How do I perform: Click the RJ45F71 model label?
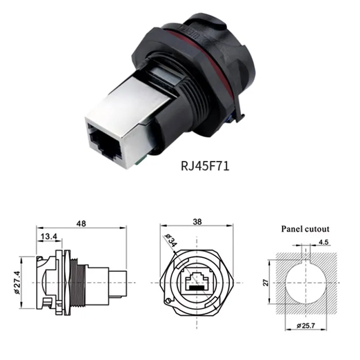205,166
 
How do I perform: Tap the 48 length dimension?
81,223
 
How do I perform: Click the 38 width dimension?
197,221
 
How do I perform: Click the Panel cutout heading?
305,229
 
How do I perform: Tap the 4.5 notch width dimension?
323,243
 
